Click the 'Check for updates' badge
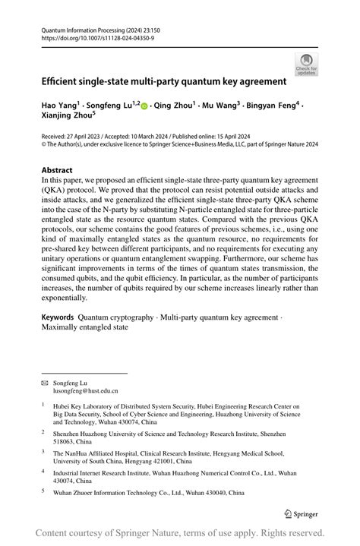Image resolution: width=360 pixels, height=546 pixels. coord(306,64)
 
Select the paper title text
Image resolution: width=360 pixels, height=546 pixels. coord(163,80)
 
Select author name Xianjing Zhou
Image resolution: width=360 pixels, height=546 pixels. coord(66,116)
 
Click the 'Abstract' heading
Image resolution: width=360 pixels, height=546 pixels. coord(58,170)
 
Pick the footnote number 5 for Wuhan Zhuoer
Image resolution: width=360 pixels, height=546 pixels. coord(43,492)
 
